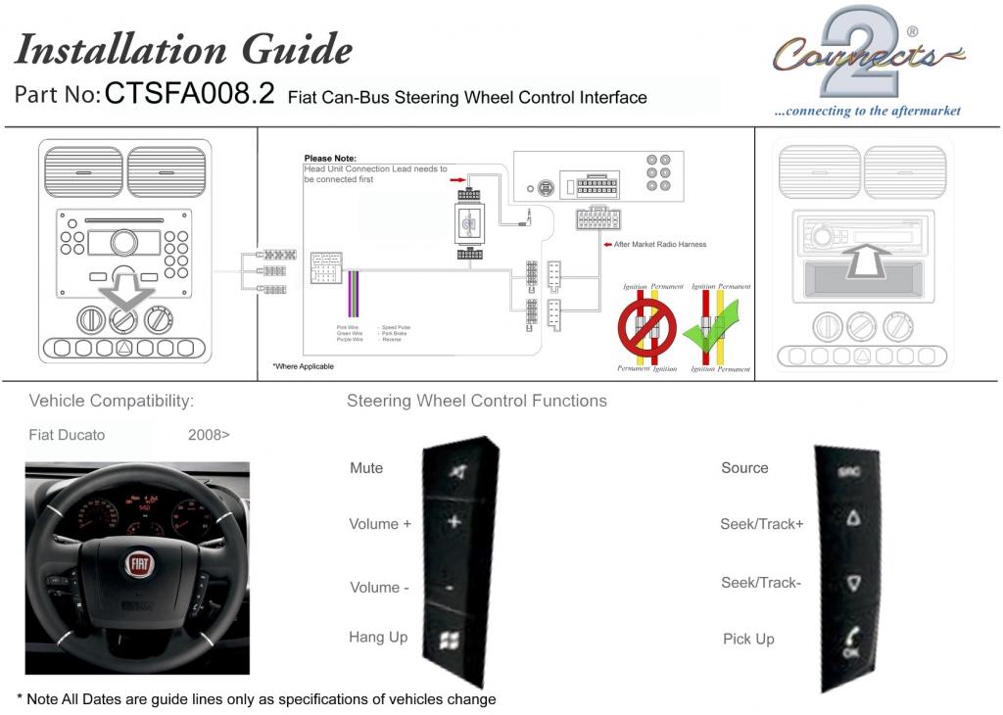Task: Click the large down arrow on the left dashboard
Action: (123, 293)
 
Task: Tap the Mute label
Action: (366, 468)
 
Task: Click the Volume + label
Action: (380, 524)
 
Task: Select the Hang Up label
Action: (378, 638)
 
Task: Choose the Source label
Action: (744, 468)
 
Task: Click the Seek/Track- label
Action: (761, 583)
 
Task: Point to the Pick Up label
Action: (748, 640)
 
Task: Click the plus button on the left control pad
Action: (454, 522)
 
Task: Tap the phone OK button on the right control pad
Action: (850, 643)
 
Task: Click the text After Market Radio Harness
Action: (659, 244)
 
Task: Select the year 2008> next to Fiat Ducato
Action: (209, 435)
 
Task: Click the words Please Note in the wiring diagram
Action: (330, 158)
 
